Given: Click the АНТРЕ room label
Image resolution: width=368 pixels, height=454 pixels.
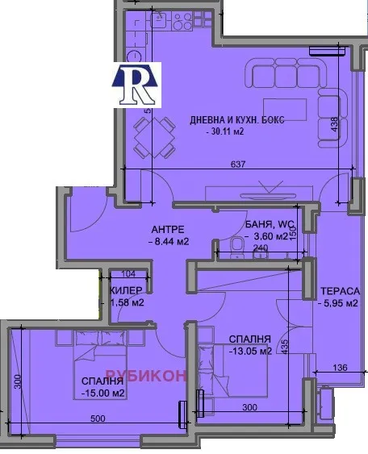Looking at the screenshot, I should pos(169,228).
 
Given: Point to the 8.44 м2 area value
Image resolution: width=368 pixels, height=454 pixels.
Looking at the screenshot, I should pos(169,240).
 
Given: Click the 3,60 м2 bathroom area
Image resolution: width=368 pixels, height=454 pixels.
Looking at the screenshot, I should pos(268,236).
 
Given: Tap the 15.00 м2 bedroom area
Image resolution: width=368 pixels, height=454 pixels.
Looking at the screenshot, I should pos(102,394).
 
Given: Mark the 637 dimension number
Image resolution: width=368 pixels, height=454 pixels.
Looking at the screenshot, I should pos(236,165).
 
